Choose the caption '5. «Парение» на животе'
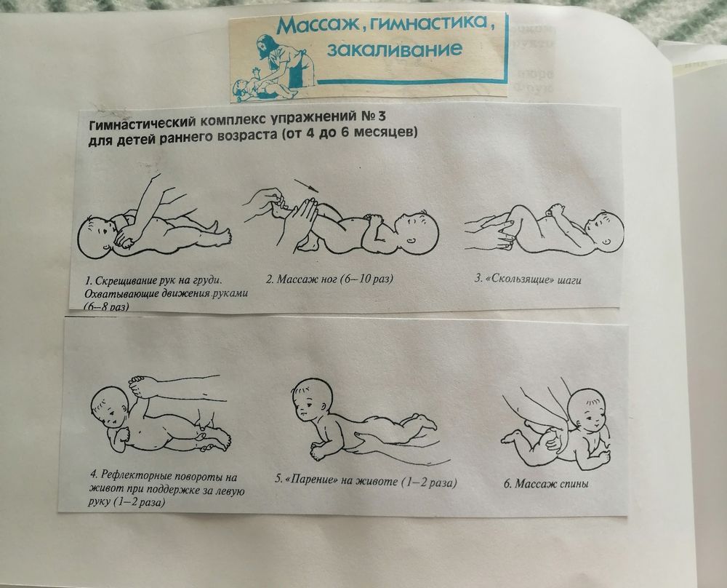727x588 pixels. point(369,480)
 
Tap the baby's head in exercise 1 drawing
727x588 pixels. point(99,234)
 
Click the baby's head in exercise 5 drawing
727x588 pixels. point(311,403)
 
